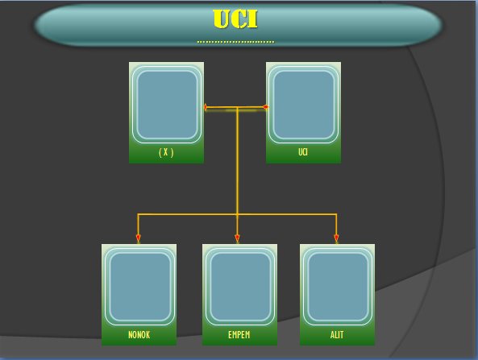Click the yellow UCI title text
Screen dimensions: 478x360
point(235,19)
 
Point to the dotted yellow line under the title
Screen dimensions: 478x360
point(235,42)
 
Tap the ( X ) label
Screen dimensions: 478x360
point(166,152)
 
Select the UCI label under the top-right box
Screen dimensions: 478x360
point(303,152)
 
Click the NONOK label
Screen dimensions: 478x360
point(139,335)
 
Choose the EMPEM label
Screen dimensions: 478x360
point(239,335)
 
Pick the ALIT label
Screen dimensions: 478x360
point(337,335)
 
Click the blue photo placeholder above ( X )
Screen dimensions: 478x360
point(167,105)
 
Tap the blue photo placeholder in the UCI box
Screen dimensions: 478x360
point(304,105)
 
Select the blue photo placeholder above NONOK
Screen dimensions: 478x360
point(139,287)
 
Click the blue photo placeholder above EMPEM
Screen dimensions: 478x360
point(240,287)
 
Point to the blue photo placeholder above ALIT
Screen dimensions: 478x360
point(338,287)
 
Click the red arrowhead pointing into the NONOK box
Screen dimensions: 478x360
point(138,238)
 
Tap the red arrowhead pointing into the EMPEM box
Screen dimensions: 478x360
point(237,238)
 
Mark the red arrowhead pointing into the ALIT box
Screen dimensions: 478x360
point(336,238)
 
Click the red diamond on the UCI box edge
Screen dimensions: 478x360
point(265,107)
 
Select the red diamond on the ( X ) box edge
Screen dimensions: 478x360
point(206,107)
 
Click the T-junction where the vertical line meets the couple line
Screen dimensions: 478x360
point(237,107)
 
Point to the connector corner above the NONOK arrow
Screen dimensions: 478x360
point(138,214)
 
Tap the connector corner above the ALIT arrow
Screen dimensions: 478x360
point(336,214)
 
